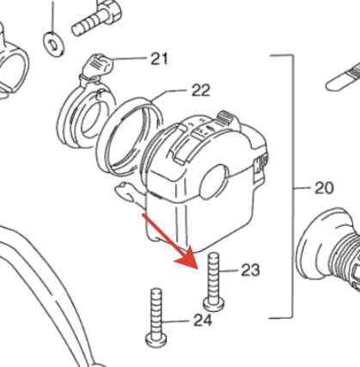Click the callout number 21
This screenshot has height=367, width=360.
(160, 59)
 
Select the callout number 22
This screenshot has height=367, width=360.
(201, 90)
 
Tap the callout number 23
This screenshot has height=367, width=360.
(251, 270)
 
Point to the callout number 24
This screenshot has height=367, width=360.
(203, 321)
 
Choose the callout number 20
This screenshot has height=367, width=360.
(324, 188)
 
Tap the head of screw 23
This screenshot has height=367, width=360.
(214, 304)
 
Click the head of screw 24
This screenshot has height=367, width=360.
(156, 340)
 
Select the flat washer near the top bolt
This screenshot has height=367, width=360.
(53, 45)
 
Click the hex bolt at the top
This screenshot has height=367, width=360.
(96, 18)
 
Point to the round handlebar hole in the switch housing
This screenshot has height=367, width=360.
(214, 181)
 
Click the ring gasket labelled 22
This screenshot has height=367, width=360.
(130, 135)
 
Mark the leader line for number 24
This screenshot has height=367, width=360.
(177, 321)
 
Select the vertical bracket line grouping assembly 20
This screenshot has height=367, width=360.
(293, 187)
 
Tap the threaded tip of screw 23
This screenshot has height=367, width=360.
(214, 256)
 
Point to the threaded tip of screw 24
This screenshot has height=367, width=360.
(156, 292)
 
